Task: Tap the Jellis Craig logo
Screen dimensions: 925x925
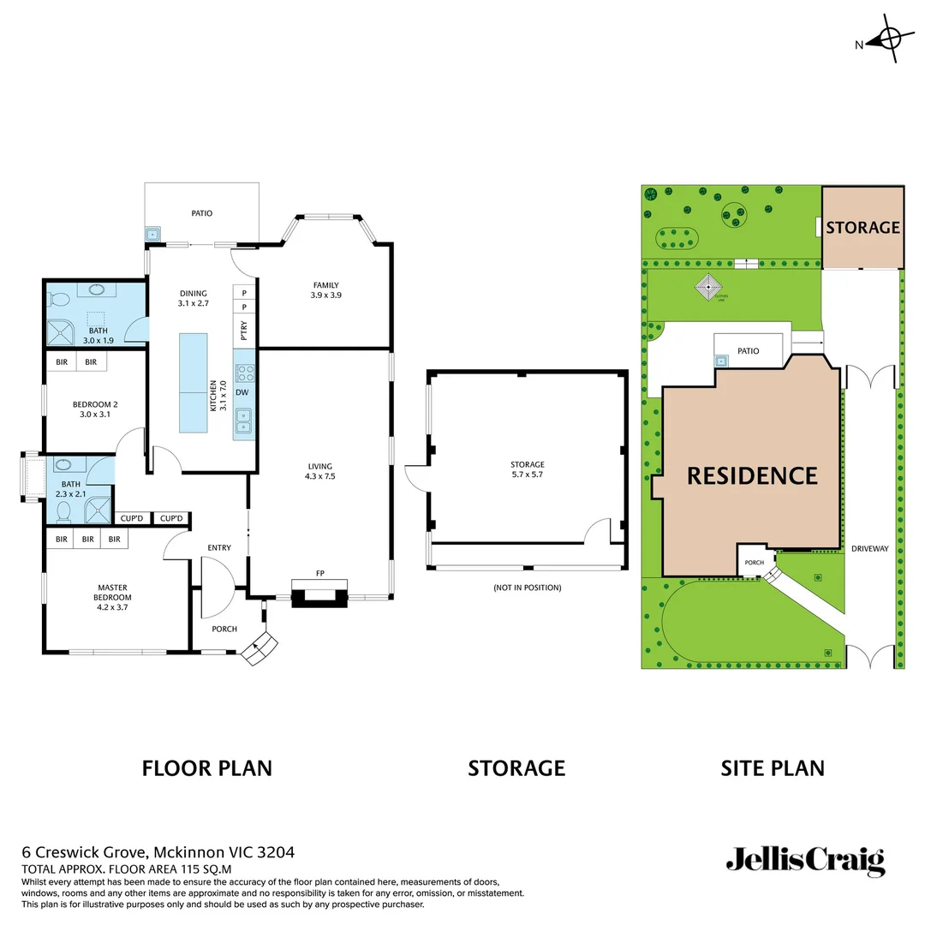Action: pos(805,861)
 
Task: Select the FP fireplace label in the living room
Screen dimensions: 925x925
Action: pos(320,573)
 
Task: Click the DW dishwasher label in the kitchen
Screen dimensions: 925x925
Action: pos(243,393)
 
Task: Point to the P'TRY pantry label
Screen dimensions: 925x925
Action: pos(244,331)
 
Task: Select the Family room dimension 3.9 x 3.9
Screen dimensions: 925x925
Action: pos(325,295)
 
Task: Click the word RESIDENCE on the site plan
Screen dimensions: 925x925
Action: pos(752,475)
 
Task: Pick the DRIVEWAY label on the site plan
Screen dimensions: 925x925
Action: pos(870,548)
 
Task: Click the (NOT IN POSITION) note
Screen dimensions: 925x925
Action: pos(527,588)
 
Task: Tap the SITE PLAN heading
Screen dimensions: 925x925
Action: pos(773,768)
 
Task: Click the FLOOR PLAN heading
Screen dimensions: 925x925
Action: pos(206,768)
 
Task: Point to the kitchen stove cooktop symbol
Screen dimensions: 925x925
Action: pos(244,373)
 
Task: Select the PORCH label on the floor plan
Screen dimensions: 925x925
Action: pos(224,629)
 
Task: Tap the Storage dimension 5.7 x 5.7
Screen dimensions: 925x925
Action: pos(528,474)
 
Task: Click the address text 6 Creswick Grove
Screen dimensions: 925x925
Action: pos(86,852)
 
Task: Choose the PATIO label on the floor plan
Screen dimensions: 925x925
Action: pos(201,213)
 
